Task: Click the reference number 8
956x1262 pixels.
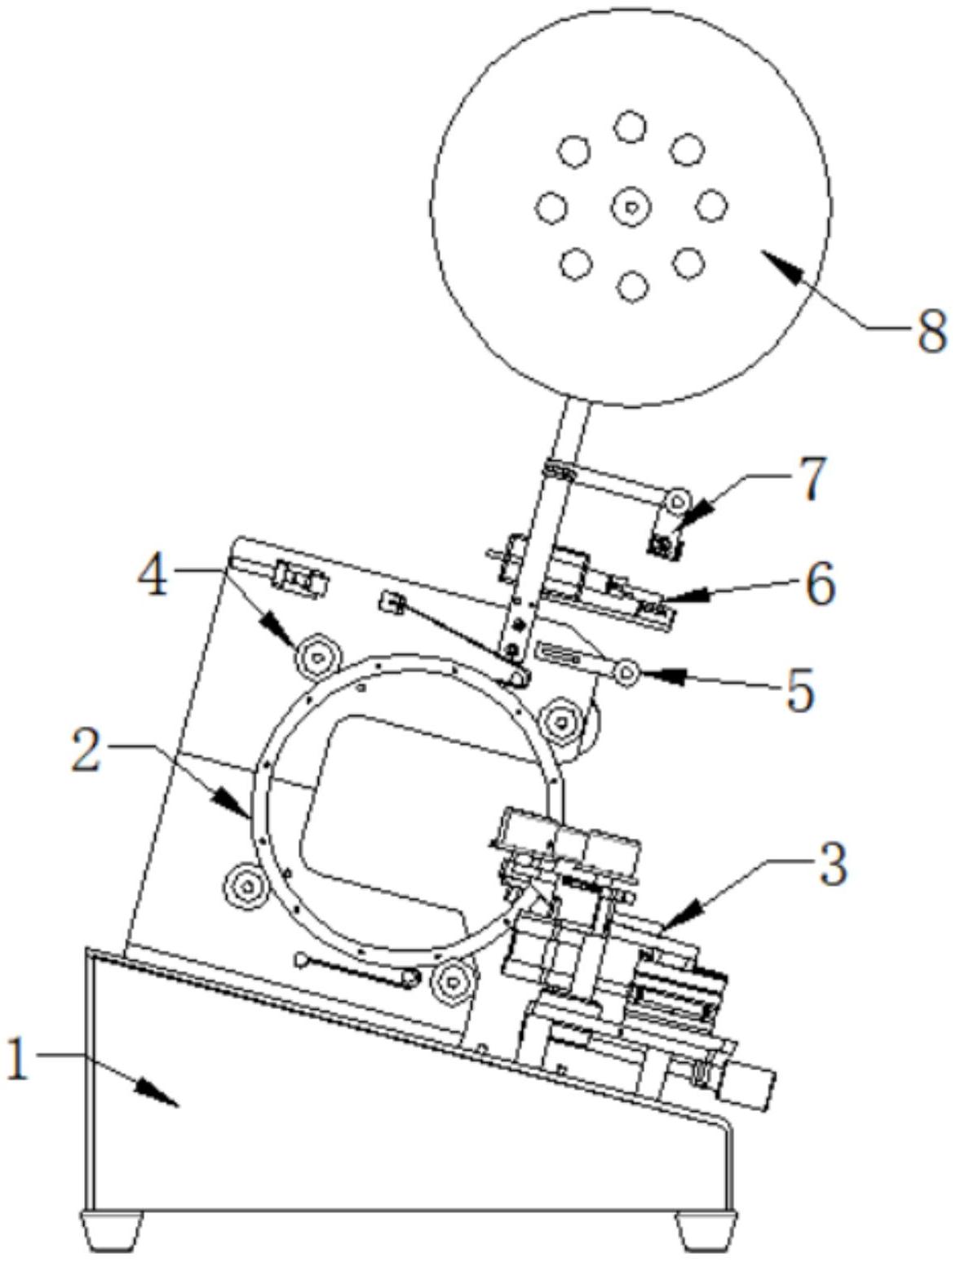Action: point(931,330)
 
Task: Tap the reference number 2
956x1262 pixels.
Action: point(86,751)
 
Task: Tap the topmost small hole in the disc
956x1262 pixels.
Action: point(630,126)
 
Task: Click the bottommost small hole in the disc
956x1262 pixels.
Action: point(632,286)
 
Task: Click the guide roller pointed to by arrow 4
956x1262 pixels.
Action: point(316,653)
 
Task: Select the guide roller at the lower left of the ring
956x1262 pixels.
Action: point(246,887)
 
